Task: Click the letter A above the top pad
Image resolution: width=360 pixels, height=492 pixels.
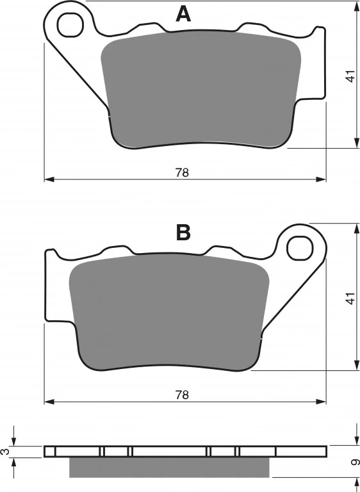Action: click(x=183, y=15)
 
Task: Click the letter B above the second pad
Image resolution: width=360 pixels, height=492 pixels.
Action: click(x=183, y=233)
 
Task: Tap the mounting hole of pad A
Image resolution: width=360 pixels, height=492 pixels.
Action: click(x=70, y=25)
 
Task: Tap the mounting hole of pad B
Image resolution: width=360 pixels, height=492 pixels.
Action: click(x=300, y=248)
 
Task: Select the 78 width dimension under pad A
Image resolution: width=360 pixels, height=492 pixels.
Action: click(x=182, y=172)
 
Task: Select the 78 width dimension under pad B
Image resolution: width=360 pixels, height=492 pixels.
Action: click(x=182, y=395)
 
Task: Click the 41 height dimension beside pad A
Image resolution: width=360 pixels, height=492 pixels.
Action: click(x=350, y=76)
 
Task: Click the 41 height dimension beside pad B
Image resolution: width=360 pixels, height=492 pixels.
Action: click(x=350, y=298)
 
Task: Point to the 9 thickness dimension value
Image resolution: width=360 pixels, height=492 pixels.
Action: click(x=355, y=462)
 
